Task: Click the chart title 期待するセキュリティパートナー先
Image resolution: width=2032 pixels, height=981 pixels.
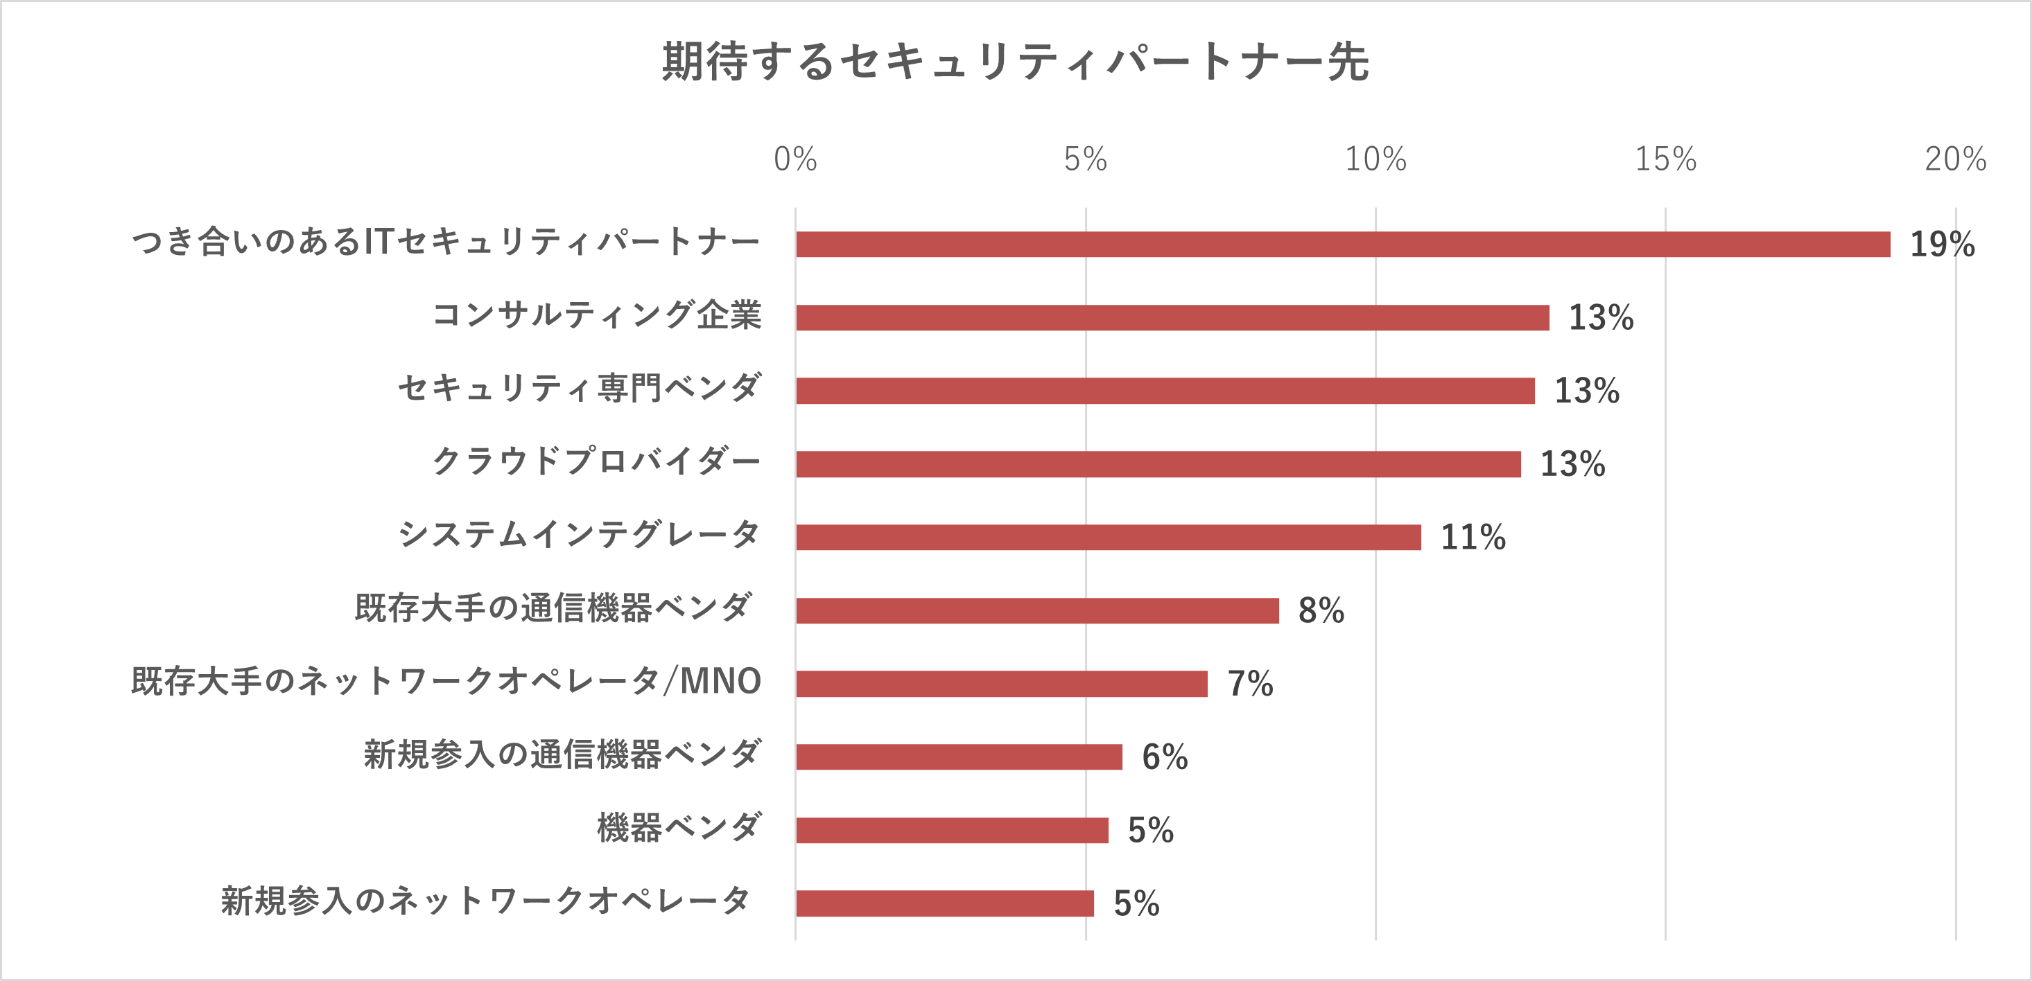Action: pyautogui.click(x=1015, y=62)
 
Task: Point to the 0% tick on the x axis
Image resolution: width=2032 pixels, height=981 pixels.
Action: pyautogui.click(x=795, y=159)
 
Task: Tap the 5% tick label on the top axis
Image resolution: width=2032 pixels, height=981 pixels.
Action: pyautogui.click(x=1086, y=159)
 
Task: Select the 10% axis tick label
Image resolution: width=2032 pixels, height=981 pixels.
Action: pyautogui.click(x=1375, y=159)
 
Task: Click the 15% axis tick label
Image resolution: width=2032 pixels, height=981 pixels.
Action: pyautogui.click(x=1665, y=159)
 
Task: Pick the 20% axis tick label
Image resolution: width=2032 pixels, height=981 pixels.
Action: pyautogui.click(x=1956, y=159)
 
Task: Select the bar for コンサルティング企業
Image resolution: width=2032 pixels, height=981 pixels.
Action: pyautogui.click(x=1172, y=318)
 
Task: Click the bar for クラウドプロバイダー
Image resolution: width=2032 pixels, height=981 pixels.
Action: pyautogui.click(x=1158, y=464)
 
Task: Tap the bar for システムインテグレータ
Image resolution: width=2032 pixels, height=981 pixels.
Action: pyautogui.click(x=1109, y=538)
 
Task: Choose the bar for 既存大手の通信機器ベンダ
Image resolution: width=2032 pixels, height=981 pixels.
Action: pyautogui.click(x=1037, y=611)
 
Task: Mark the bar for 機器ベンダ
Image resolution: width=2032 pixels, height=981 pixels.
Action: pyautogui.click(x=952, y=831)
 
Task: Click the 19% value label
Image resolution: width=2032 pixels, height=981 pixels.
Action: pyautogui.click(x=1942, y=245)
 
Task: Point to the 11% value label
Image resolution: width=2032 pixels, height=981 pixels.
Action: pyautogui.click(x=1473, y=538)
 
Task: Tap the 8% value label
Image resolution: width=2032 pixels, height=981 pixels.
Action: pyautogui.click(x=1321, y=611)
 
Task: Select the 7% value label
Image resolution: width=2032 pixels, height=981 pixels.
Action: pyautogui.click(x=1250, y=684)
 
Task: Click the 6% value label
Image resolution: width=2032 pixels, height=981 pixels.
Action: pyautogui.click(x=1165, y=757)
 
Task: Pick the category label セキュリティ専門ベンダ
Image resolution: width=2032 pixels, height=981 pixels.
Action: pyautogui.click(x=580, y=388)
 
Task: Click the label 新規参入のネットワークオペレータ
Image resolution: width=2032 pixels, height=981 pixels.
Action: pyautogui.click(x=485, y=901)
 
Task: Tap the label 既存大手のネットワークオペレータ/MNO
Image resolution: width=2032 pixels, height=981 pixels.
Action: pyautogui.click(x=446, y=681)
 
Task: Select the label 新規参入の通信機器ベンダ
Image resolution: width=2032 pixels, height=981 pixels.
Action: pyautogui.click(x=562, y=754)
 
